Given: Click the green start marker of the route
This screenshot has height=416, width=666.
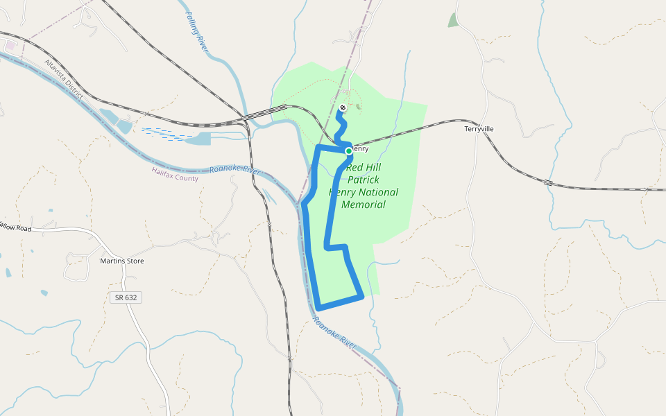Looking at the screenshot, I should pyautogui.click(x=348, y=150).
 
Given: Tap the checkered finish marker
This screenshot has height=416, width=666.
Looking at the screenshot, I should pyautogui.click(x=343, y=107).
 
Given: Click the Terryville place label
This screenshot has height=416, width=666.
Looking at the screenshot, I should pyautogui.click(x=479, y=129).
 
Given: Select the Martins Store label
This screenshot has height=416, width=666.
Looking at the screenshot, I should pyautogui.click(x=121, y=261).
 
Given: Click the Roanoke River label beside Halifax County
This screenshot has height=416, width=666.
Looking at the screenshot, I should pyautogui.click(x=234, y=170).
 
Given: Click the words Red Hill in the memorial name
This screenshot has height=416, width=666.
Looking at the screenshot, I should pyautogui.click(x=364, y=167).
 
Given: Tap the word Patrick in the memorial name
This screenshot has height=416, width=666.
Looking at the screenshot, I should pyautogui.click(x=364, y=180).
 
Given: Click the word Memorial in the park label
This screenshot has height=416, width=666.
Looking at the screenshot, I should pyautogui.click(x=364, y=205).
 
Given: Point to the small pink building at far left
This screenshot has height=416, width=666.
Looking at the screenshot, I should pyautogui.click(x=10, y=46).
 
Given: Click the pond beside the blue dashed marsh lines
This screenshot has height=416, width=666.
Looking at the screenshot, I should pyautogui.click(x=197, y=139).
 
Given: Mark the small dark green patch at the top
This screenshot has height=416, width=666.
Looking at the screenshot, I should pyautogui.click(x=453, y=20).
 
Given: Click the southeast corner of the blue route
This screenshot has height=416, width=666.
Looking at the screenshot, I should pyautogui.click(x=362, y=297).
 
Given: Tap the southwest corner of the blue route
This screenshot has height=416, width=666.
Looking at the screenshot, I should pyautogui.click(x=318, y=308).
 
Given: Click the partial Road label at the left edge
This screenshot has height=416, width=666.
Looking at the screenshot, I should pyautogui.click(x=15, y=227).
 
